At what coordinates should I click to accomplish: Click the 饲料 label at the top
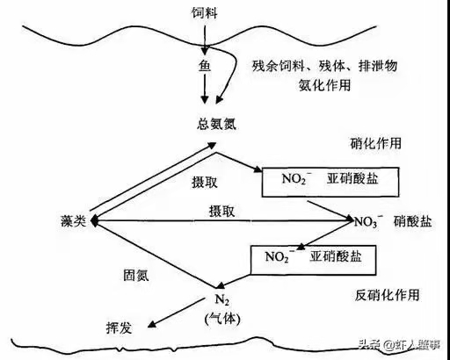coord(205,12)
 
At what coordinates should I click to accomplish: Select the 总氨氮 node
coord(216,124)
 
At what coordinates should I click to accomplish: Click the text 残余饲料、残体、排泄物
coord(324,66)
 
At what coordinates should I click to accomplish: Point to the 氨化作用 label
coord(324,85)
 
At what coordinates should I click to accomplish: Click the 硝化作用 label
coord(375,143)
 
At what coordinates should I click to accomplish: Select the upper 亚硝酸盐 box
coord(330,182)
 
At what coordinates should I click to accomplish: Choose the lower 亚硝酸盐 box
coord(313,260)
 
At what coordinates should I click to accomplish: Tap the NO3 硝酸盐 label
coord(393,221)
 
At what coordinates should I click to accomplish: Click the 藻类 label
coord(73,220)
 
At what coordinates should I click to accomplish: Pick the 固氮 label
coord(136,275)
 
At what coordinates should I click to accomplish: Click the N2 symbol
coord(222,299)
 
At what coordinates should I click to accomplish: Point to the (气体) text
coord(222,319)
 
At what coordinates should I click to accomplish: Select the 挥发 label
coord(119,328)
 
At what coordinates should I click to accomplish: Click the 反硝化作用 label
coord(387,295)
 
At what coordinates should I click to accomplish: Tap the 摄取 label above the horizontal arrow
coord(221,211)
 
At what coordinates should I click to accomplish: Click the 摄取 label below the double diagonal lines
coord(205,183)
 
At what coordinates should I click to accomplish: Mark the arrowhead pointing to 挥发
coord(151,324)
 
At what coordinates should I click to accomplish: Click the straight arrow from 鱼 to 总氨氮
coord(205,89)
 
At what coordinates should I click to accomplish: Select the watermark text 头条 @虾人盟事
coord(400,344)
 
